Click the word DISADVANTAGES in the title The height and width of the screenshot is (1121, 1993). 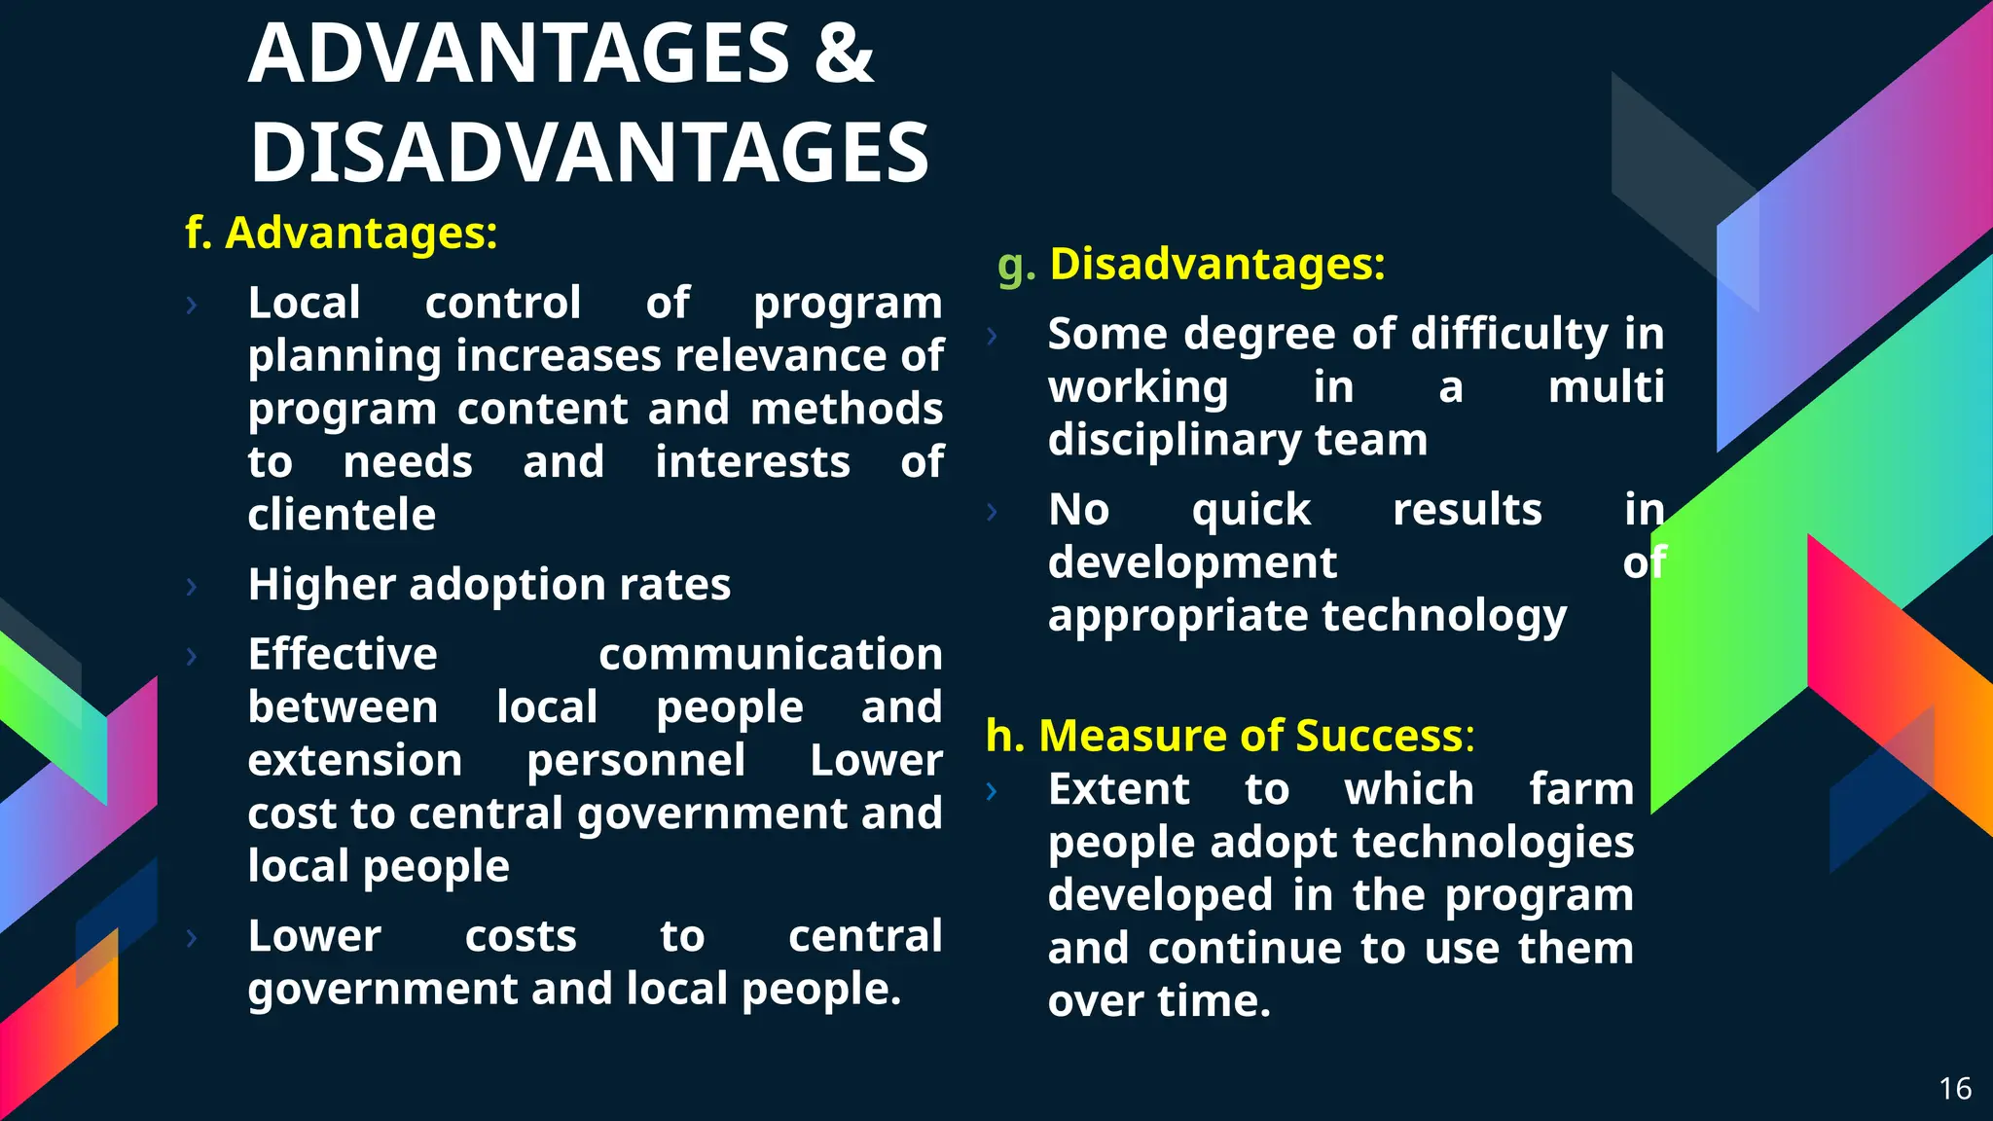(590, 153)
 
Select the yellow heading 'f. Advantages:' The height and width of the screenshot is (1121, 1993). (342, 234)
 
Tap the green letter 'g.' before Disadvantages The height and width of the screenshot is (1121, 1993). (1016, 266)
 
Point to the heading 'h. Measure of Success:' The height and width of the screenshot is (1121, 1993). (1229, 736)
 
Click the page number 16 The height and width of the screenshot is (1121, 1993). (1955, 1088)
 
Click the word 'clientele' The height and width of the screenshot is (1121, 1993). (342, 515)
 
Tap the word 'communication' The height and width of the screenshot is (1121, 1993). (770, 654)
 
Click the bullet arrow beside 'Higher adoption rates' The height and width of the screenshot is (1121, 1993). (192, 587)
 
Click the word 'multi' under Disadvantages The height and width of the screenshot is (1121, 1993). (1606, 387)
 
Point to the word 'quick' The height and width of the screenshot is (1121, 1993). (1251, 510)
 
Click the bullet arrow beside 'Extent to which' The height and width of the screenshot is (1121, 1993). (992, 791)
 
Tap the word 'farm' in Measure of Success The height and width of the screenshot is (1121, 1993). (1580, 789)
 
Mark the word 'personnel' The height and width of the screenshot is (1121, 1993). (635, 760)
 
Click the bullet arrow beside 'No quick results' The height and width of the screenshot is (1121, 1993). (992, 512)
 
